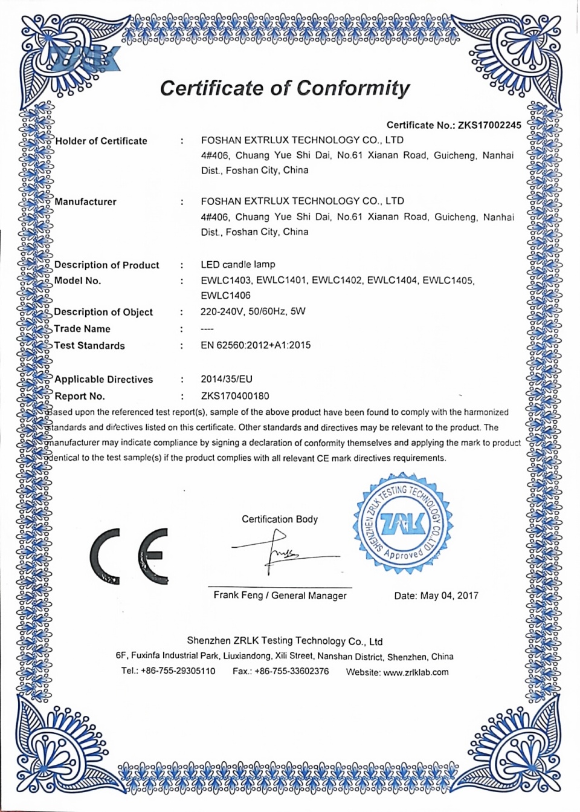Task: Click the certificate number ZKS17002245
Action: [x=489, y=125]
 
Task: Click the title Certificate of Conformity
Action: [x=285, y=88]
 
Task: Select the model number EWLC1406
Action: [x=225, y=296]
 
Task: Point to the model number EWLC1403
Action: [x=225, y=281]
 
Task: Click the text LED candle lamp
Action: [x=237, y=264]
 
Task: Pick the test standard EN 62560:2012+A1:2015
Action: [x=256, y=345]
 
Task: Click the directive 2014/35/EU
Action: [x=227, y=379]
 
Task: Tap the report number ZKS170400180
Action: [x=235, y=396]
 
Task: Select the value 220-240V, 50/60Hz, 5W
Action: [x=253, y=312]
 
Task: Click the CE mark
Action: [x=129, y=556]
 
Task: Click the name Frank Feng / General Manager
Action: [x=280, y=596]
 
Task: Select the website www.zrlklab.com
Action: [x=416, y=672]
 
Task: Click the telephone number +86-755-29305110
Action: [x=178, y=671]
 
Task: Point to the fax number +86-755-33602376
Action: [x=292, y=671]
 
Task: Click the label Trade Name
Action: [x=82, y=329]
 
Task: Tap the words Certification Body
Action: [x=280, y=519]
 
